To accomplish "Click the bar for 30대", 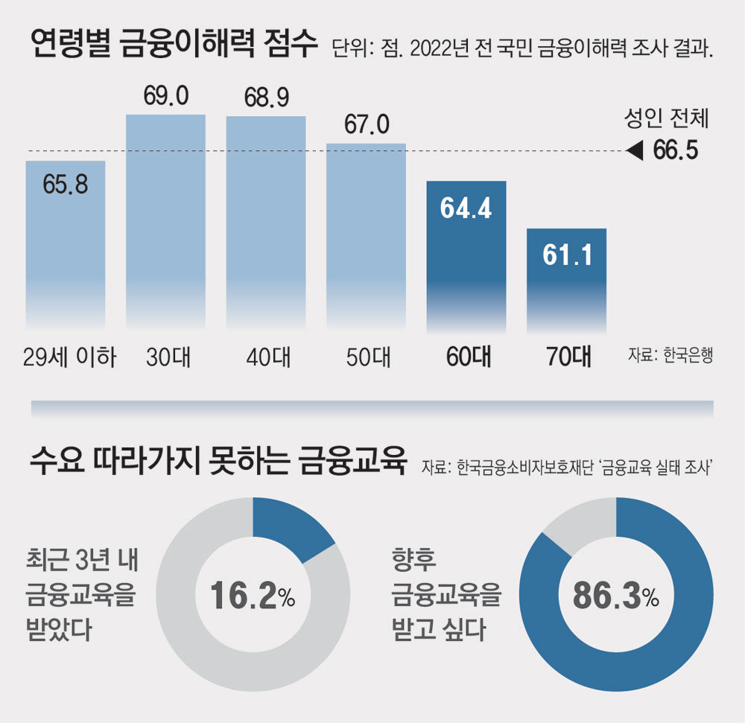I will (x=165, y=223).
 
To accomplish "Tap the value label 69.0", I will (x=165, y=98).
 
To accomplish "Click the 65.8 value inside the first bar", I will (x=65, y=183).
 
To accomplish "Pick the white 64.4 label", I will (x=466, y=208).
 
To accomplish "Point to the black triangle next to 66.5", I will (x=634, y=152).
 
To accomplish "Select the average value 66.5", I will (x=676, y=152).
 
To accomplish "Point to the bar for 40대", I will (x=266, y=223).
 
